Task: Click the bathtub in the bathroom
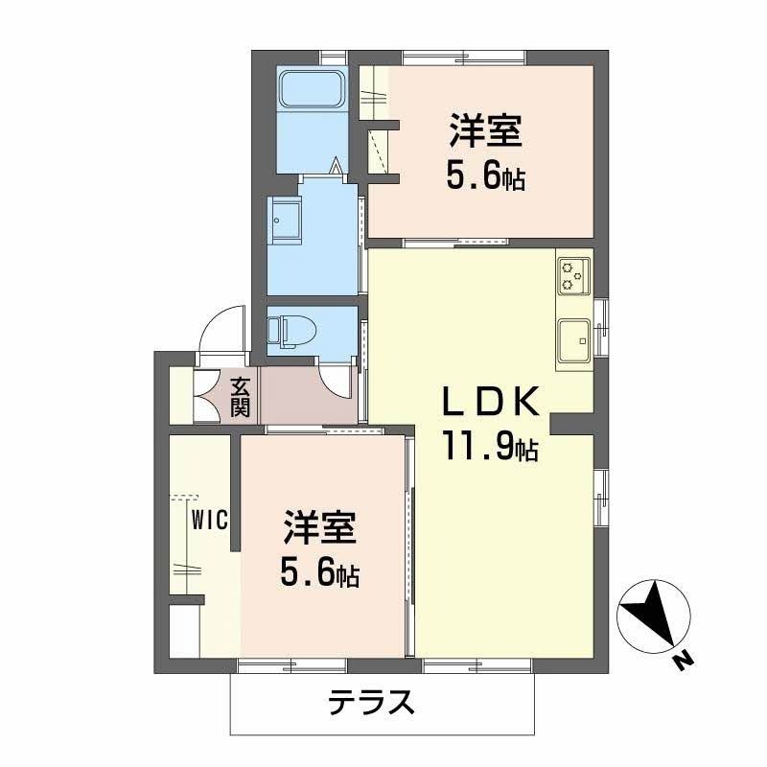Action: coord(313,92)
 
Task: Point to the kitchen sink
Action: coord(575,338)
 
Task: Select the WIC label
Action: coord(208,521)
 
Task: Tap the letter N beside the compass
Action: coord(682,660)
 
